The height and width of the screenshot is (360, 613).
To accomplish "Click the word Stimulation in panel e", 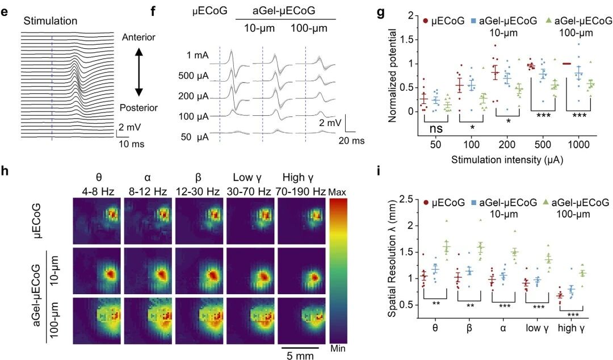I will click(x=51, y=22).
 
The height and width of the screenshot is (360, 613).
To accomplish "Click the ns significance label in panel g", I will click(x=436, y=128).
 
